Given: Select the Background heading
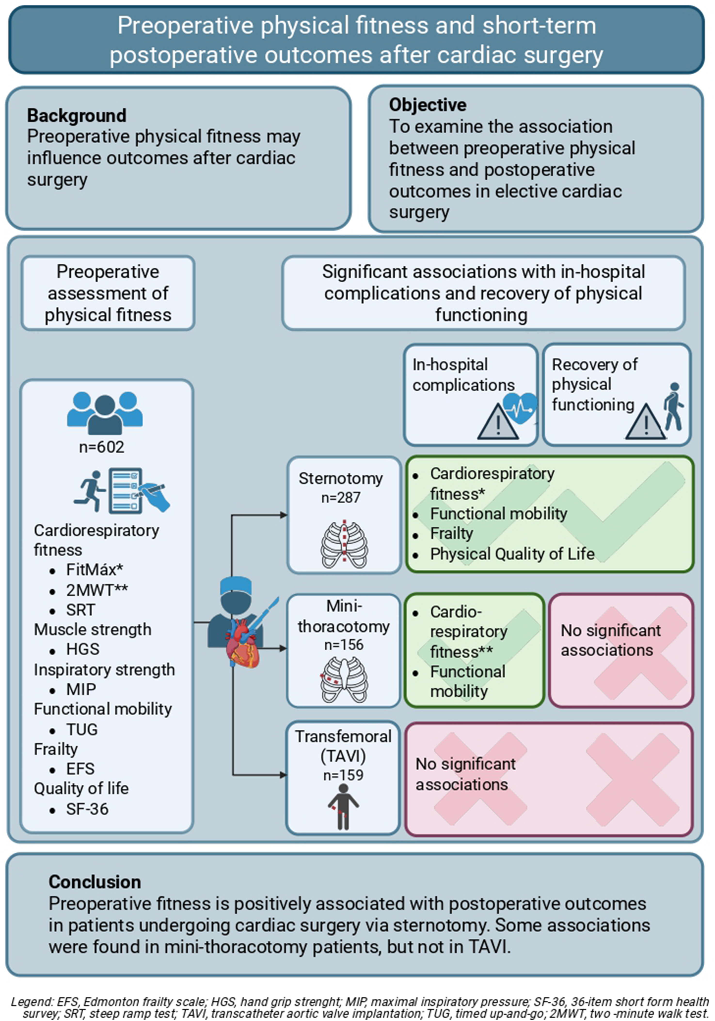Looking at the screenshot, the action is (x=77, y=116).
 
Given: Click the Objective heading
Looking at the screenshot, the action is (x=428, y=105).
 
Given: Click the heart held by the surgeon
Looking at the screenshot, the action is (x=243, y=644).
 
